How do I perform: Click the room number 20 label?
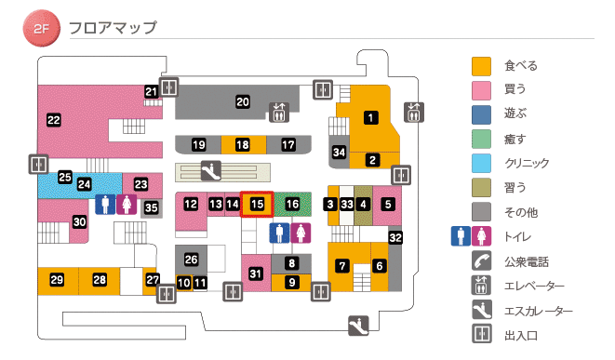[x=242, y=101]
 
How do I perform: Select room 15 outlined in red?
[x=258, y=204]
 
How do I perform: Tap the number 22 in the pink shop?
[x=54, y=119]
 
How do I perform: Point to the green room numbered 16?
[x=292, y=204]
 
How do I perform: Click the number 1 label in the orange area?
[x=371, y=117]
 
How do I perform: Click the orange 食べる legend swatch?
[x=481, y=66]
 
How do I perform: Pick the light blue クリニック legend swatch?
[x=481, y=163]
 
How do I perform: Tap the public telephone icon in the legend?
[x=481, y=261]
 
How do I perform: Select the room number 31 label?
[x=256, y=273]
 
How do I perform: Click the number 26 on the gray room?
[x=192, y=260]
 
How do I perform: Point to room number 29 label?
[x=57, y=280]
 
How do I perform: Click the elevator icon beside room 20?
[x=279, y=112]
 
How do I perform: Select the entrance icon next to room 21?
[x=168, y=87]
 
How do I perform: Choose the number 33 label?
[x=346, y=204]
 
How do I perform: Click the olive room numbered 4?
[x=363, y=204]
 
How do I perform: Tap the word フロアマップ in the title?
[x=113, y=28]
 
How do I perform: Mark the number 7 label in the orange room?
[x=342, y=266]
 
